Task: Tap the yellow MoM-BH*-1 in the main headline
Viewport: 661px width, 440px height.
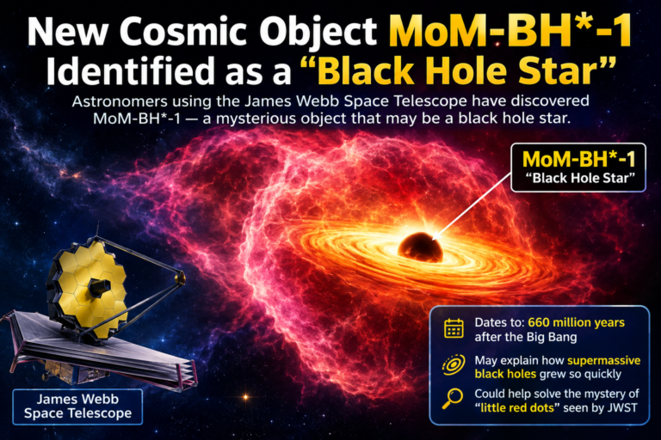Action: point(510,32)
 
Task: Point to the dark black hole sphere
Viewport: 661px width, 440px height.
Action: point(420,247)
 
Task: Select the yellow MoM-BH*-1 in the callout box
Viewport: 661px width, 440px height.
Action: point(578,159)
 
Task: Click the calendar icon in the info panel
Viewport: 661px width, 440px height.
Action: point(454,328)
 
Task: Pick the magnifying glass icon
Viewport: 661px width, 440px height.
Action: point(453,398)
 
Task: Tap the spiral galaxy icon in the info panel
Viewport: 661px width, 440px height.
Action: point(454,364)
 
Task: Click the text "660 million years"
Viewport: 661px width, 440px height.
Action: point(577,322)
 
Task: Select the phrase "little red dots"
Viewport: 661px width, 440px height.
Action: point(517,407)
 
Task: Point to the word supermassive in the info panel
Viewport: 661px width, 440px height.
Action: point(604,360)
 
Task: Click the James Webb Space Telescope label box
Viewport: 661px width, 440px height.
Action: point(77,406)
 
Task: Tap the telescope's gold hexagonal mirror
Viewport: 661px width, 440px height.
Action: point(88,289)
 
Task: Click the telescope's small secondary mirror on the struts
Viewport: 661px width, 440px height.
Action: point(181,278)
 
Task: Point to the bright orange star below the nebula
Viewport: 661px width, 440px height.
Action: point(246,397)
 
